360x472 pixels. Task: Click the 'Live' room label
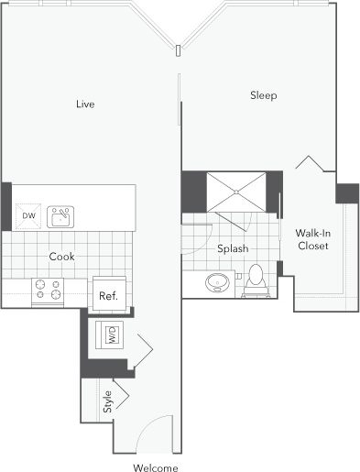pyautogui.click(x=85, y=104)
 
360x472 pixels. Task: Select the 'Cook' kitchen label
pyautogui.click(x=61, y=258)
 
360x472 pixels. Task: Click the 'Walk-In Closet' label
pyautogui.click(x=313, y=239)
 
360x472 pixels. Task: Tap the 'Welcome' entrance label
pyautogui.click(x=155, y=467)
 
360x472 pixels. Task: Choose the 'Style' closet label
pyautogui.click(x=107, y=401)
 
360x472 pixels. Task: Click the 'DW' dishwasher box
pyautogui.click(x=27, y=216)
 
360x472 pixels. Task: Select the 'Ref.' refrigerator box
pyautogui.click(x=109, y=295)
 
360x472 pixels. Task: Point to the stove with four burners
pyautogui.click(x=48, y=291)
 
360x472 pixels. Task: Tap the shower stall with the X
pyautogui.click(x=238, y=192)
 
